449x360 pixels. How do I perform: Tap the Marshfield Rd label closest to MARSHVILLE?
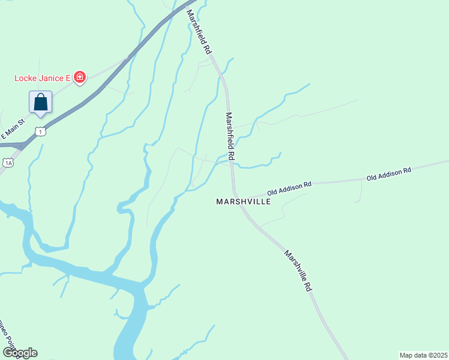coord(230,136)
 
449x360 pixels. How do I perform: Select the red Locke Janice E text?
coord(43,77)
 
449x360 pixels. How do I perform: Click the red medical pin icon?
coord(80,77)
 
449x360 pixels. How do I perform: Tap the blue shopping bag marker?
coord(40,102)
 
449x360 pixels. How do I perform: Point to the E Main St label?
coord(12,130)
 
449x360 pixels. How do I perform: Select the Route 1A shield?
coord(8,163)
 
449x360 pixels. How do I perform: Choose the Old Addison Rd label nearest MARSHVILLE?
coord(289,187)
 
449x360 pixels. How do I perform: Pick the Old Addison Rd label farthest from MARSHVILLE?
coord(389,174)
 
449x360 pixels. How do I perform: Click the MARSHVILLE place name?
coord(243,202)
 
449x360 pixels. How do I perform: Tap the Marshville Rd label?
coord(298,271)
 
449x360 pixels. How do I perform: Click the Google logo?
coord(20,352)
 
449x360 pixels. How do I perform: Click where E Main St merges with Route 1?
coord(22,145)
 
